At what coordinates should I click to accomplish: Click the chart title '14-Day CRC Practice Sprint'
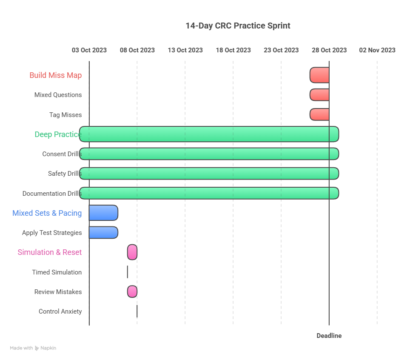click(x=238, y=26)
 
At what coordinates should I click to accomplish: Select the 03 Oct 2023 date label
click(x=89, y=50)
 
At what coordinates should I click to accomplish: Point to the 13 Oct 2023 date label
click(x=185, y=50)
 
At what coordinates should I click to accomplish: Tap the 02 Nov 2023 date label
click(x=377, y=50)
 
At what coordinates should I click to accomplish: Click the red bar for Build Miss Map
click(x=319, y=75)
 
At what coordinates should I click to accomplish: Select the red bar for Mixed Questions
click(x=319, y=95)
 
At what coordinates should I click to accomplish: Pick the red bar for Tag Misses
click(x=319, y=114)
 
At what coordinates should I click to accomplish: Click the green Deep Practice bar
click(x=209, y=134)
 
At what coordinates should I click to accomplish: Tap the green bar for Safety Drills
click(x=209, y=174)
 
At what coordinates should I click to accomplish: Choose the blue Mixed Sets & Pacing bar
click(x=104, y=213)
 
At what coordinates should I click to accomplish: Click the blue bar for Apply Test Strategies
click(x=104, y=232)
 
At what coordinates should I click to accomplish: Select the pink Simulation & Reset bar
click(x=132, y=252)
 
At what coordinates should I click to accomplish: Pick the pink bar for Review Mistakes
click(x=132, y=291)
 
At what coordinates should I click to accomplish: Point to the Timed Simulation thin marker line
click(x=128, y=272)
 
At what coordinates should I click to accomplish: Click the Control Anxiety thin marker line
click(x=137, y=311)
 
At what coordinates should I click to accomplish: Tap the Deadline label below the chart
click(x=329, y=336)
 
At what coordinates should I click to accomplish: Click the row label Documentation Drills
click(x=52, y=194)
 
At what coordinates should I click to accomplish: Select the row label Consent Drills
click(x=62, y=154)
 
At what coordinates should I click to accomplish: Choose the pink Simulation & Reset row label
click(x=50, y=252)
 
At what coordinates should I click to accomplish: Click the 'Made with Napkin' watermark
click(x=33, y=348)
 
